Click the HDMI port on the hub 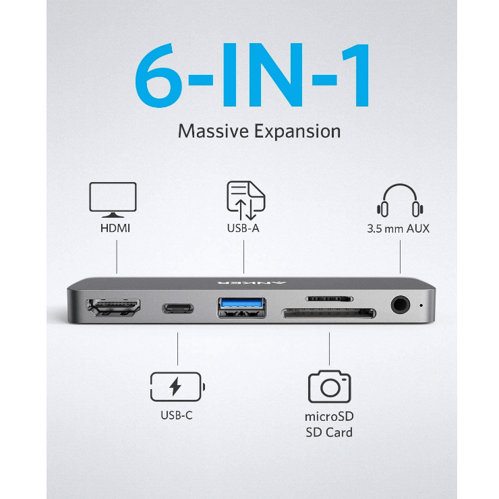pos(113,307)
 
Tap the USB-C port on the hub pos(178,308)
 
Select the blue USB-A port pos(242,307)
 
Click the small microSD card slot pos(329,299)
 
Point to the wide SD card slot pos(329,313)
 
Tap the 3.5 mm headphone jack pos(401,305)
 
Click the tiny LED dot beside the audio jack pos(421,305)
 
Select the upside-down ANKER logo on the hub pos(252,282)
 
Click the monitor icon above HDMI pos(113,200)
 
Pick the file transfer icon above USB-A pos(245,200)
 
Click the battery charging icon pos(177,386)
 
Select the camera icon pos(329,386)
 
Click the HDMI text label pos(115,228)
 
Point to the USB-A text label pos(243,228)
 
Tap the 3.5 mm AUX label pos(398,229)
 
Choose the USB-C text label pos(177,415)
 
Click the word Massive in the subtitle pos(213,131)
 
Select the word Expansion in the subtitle pos(297,131)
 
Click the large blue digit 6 pos(158,76)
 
